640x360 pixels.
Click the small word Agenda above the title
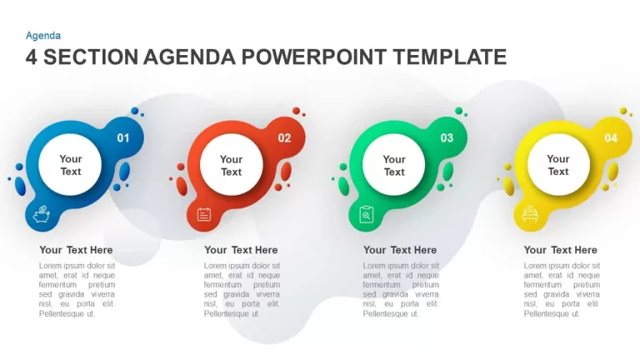(43, 36)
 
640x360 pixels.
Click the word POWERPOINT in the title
(314, 57)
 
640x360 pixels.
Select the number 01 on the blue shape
(123, 138)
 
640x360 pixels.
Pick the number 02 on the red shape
(284, 138)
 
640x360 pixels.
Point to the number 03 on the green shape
(447, 138)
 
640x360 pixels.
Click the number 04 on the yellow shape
(611, 138)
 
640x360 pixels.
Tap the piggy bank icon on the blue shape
(41, 214)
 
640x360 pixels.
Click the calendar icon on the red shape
(203, 214)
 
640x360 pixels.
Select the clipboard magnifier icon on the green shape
(366, 214)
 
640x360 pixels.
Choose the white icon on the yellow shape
(530, 214)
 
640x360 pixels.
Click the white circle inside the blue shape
(70, 164)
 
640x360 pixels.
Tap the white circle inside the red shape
(232, 164)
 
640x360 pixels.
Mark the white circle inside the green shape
(394, 164)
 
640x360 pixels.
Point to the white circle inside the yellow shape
(558, 164)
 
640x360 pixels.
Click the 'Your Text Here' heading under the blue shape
(76, 250)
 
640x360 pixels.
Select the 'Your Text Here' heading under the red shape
(241, 250)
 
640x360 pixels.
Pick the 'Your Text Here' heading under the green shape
(400, 250)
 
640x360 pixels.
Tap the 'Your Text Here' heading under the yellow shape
(560, 250)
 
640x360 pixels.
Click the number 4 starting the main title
(32, 57)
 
